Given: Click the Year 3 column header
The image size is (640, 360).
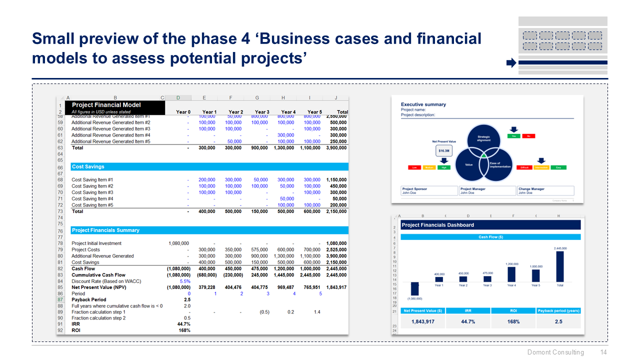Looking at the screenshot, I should (262, 112).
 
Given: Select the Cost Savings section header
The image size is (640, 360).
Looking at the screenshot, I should (88, 166).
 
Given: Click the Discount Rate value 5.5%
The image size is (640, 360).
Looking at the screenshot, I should (184, 281).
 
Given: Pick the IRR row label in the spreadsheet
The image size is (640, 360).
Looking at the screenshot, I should (76, 324).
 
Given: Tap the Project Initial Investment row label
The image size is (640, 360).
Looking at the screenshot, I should (96, 243).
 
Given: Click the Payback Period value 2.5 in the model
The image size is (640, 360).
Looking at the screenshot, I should (186, 299).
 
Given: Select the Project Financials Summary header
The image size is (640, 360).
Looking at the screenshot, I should (105, 230).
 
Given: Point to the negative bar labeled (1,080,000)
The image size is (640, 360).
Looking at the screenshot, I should (415, 288).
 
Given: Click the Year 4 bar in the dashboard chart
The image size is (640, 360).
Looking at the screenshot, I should (511, 274).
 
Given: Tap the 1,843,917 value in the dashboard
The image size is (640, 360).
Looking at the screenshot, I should (423, 321).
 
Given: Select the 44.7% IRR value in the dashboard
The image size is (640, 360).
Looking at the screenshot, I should (468, 321).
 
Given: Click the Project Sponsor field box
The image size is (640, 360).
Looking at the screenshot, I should (429, 190).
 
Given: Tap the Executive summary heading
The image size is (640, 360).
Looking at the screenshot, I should (423, 104).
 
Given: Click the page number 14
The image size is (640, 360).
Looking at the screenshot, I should (603, 352).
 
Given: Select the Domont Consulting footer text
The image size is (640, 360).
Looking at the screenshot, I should (555, 352).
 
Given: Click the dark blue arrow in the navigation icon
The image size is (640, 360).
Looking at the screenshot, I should (510, 63).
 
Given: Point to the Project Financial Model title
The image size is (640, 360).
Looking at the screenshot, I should (106, 105).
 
